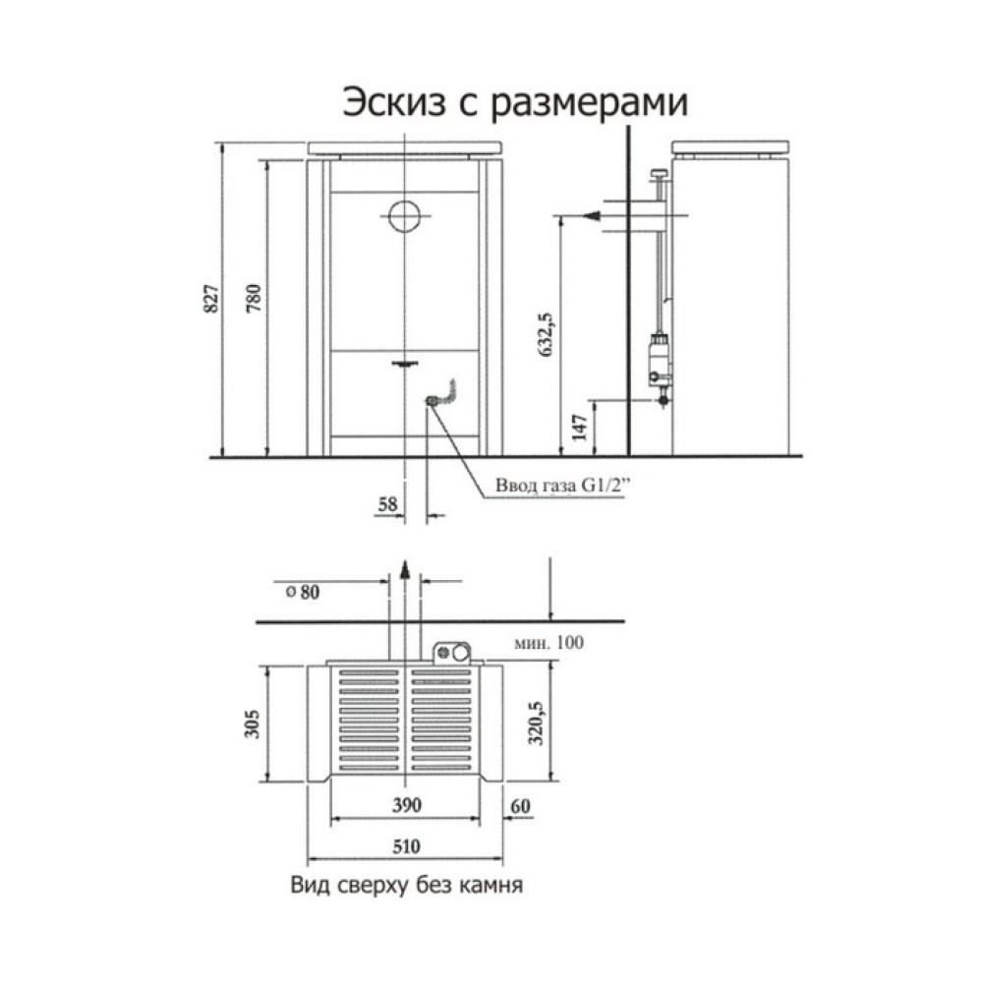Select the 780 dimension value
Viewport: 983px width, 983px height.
255,297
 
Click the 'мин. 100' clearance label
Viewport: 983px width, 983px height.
549,644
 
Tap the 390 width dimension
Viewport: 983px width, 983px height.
406,806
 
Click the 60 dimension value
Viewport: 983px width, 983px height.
521,806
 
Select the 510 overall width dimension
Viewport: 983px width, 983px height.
406,844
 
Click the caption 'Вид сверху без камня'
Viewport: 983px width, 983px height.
404,885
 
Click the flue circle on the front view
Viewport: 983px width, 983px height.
404,214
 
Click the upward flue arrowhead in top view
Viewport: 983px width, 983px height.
404,565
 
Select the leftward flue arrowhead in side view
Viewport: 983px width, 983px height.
588,215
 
